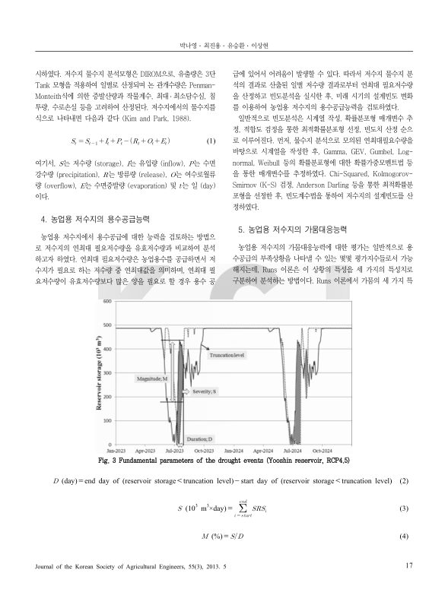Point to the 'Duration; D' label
click(200, 439)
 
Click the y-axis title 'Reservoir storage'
click(99, 372)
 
